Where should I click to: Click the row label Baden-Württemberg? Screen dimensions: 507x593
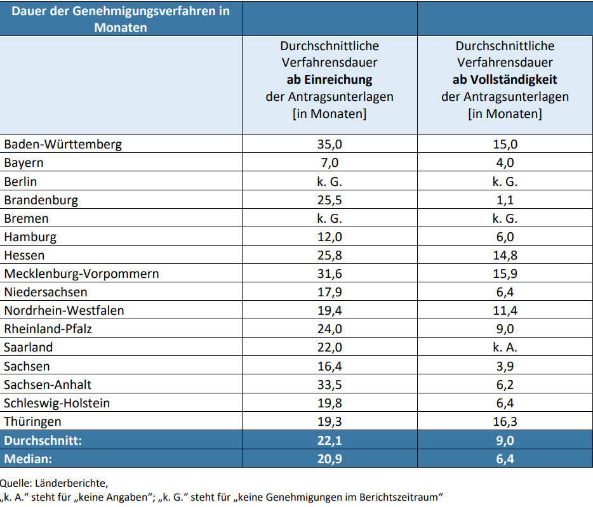point(63,144)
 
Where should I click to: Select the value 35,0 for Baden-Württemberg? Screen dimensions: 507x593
point(329,144)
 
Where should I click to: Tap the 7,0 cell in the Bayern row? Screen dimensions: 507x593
point(329,162)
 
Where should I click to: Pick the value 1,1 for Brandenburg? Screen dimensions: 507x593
point(505,200)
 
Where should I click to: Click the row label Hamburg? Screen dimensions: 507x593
point(30,237)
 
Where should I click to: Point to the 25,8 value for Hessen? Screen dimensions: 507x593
point(329,255)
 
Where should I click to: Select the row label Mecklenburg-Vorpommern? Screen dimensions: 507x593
point(81,273)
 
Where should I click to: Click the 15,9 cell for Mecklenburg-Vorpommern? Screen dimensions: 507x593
point(505,273)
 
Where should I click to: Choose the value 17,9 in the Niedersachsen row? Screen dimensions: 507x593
point(329,292)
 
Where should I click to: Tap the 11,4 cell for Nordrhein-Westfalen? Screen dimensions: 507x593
point(505,310)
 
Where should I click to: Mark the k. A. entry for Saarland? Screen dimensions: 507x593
point(505,347)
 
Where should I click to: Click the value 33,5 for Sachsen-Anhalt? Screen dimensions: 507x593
point(329,385)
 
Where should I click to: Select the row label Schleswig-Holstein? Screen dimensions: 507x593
point(57,403)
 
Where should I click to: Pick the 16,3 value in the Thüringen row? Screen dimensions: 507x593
point(505,421)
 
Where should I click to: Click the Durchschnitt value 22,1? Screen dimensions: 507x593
point(329,440)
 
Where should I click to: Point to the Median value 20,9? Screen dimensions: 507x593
point(329,458)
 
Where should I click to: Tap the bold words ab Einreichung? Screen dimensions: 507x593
point(329,80)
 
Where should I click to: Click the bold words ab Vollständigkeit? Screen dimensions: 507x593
point(505,80)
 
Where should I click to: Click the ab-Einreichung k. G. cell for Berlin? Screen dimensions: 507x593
point(329,181)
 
